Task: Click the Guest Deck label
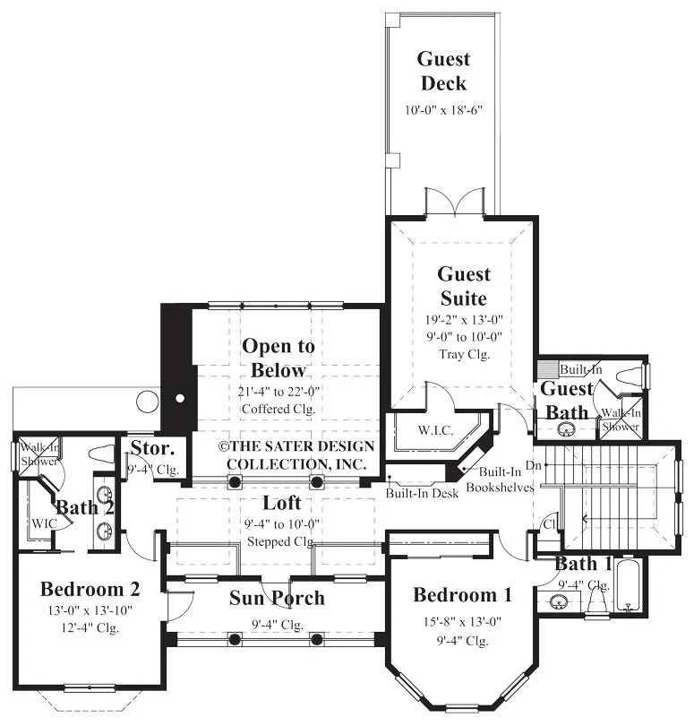coord(443,71)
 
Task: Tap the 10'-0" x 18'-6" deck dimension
coord(443,110)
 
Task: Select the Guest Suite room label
coord(464,286)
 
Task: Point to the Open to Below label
coord(278,358)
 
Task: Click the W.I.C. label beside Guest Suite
coord(435,430)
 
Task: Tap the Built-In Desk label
coord(422,493)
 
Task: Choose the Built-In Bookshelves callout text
coord(500,480)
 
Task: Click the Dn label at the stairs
coord(533,465)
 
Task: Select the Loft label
coord(282,503)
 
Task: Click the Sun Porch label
coord(277,598)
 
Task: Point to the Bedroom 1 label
coord(463,595)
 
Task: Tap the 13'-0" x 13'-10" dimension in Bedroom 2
coord(90,610)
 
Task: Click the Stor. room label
coord(152,448)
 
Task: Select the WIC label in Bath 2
coord(45,523)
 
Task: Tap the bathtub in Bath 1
coord(629,585)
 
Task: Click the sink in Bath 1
coord(559,602)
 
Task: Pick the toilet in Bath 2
coord(101,454)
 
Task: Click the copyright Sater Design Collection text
coord(296,455)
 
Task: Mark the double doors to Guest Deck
coord(455,202)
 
